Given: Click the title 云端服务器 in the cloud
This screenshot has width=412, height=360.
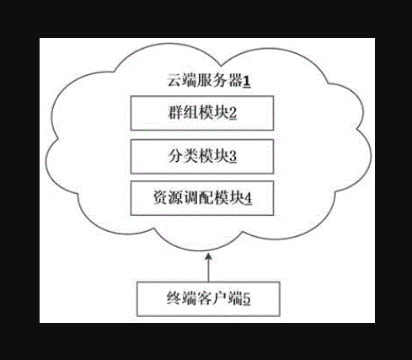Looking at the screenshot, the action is [x=205, y=81].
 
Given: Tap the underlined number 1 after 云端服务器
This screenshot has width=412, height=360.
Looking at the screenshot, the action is [x=247, y=82].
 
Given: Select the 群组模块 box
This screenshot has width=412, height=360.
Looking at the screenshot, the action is [x=202, y=113].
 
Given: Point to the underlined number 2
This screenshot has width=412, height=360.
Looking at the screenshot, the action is [x=233, y=113].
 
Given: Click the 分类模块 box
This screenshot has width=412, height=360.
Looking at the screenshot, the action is [x=202, y=157].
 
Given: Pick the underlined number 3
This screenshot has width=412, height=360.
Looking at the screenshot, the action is [x=233, y=157].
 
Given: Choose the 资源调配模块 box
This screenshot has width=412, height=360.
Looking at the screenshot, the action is [x=202, y=198].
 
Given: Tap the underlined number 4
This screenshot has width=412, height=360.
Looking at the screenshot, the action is [x=249, y=198].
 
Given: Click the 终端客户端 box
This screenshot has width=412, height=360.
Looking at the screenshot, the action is [x=208, y=298].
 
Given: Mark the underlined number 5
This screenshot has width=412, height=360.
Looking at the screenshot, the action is [x=247, y=299].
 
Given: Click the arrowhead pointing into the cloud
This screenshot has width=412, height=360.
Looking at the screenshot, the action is [x=208, y=257].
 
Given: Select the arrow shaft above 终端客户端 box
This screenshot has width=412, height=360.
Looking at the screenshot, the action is [x=208, y=267].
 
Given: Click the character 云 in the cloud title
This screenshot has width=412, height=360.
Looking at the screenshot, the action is [x=174, y=81].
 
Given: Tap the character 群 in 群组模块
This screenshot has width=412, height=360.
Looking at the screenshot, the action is [x=175, y=113].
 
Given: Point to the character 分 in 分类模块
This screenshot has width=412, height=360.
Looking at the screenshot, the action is [x=175, y=157].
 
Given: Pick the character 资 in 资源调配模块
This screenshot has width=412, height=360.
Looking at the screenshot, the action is [x=160, y=198].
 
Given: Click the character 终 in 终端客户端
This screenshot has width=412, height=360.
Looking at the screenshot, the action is [x=174, y=298].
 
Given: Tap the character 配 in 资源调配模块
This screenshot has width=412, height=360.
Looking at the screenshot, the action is [x=206, y=198].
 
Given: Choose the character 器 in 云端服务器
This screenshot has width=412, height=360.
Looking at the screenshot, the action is [x=235, y=81].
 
